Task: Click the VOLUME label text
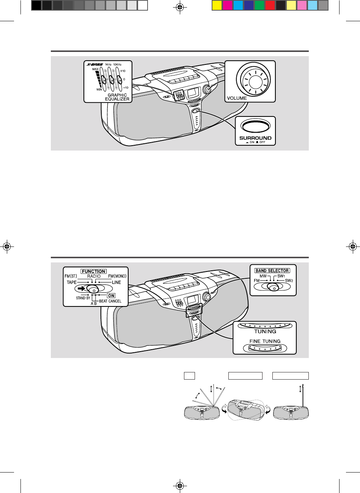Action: (237, 98)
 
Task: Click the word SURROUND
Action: (255, 138)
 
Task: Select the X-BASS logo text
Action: (95, 64)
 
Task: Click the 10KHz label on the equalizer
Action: (117, 64)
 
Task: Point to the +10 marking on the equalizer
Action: (123, 71)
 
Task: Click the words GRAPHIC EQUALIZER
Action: (117, 97)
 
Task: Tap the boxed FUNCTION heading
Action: (94, 272)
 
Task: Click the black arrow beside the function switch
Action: (81, 288)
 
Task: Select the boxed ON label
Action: (112, 295)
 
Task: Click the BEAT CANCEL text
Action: (110, 301)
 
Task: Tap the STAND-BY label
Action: (83, 298)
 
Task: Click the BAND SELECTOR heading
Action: (272, 270)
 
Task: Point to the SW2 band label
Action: (289, 281)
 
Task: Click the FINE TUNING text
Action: (265, 341)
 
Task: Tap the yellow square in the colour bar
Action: (217, 6)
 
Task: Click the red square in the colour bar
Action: (270, 6)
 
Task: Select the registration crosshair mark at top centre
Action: (180, 8)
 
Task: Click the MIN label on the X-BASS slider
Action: (99, 89)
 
